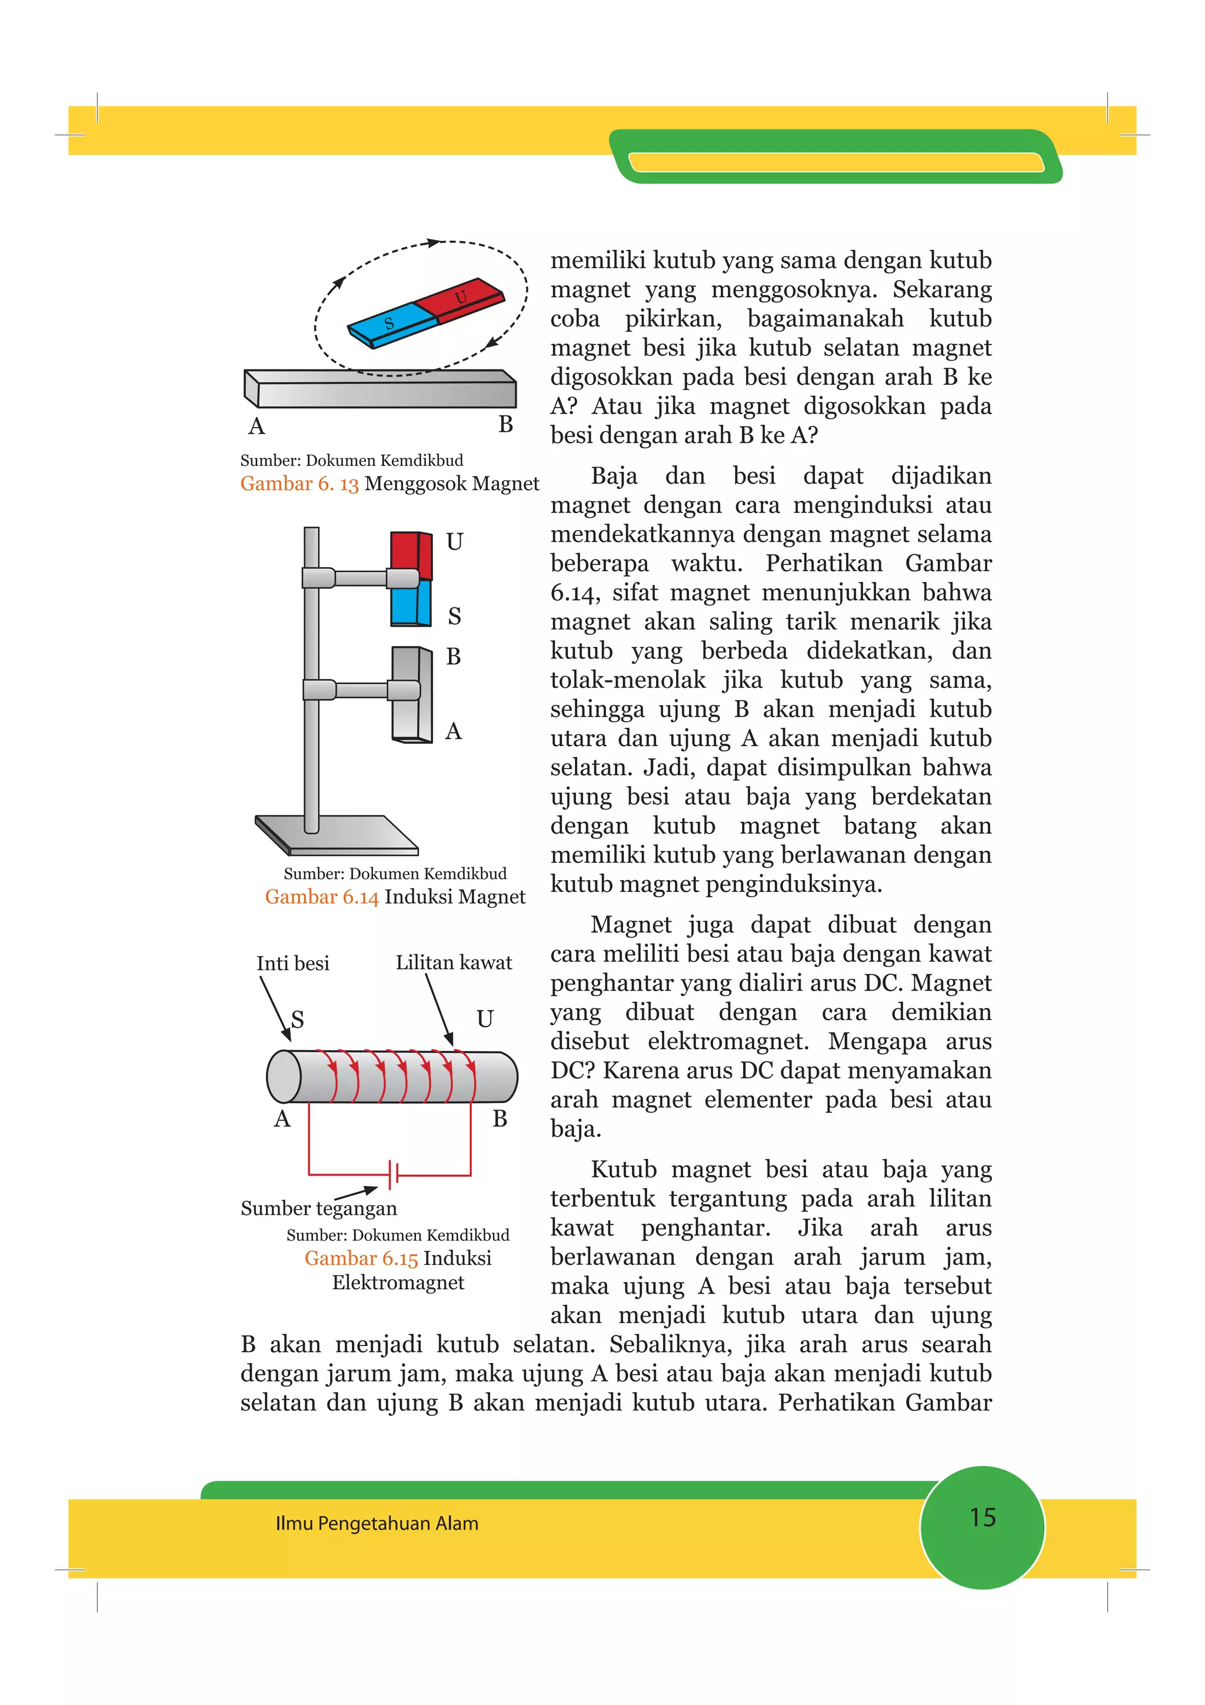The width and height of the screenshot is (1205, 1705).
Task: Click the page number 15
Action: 982,1517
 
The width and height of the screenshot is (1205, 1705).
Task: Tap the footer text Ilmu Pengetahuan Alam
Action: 377,1524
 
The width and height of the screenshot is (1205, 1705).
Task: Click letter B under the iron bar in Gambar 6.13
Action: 505,425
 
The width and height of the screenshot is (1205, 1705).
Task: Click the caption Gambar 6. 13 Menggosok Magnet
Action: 389,484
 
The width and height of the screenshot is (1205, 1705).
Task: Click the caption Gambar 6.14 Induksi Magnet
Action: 394,897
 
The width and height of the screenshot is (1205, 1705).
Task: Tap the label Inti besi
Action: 292,963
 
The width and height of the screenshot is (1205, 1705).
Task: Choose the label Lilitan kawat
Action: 454,963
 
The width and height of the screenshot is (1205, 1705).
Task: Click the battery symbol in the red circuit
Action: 394,1175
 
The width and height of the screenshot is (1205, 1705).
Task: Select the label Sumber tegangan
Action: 318,1208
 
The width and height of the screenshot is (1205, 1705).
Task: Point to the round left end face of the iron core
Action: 284,1076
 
